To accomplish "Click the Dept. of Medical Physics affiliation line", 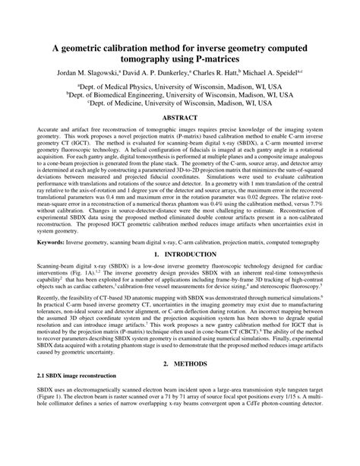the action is pyautogui.click(x=179, y=87).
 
